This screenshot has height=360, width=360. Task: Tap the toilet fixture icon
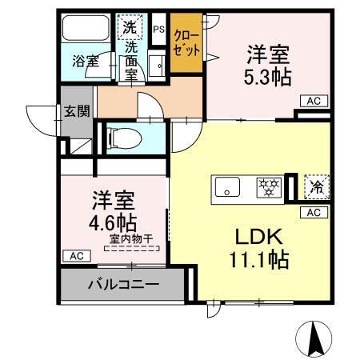pos(121,138)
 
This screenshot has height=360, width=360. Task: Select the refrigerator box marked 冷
pos(317,188)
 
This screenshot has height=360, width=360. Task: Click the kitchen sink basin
pos(230,189)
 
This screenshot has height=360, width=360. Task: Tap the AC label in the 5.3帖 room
pos(312,101)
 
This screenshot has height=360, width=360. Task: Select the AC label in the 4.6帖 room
pos(74,255)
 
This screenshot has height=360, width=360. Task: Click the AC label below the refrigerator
pos(313,212)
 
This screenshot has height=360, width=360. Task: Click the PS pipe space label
pos(158,30)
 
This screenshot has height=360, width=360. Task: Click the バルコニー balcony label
pos(122,284)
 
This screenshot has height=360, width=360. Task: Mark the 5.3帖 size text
pos(267,77)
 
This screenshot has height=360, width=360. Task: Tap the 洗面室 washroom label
pos(130,59)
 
